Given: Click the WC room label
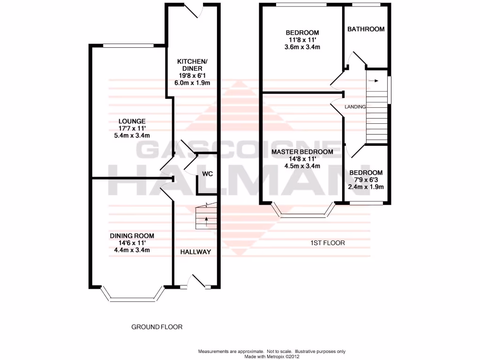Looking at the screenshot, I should (x=207, y=174).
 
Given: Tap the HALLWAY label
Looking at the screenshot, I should (x=196, y=252).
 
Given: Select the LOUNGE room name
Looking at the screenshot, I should (x=132, y=120).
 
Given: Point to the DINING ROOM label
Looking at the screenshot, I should (x=132, y=235).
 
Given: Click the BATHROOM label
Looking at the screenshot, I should (x=366, y=29).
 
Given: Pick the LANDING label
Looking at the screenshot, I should (x=355, y=107).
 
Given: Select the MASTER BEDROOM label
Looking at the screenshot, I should (x=302, y=152).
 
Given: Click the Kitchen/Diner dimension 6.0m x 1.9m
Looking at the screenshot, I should (x=189, y=83).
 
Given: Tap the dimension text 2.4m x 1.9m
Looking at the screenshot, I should (x=366, y=187).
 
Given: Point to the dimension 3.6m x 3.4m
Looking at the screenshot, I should (x=302, y=47).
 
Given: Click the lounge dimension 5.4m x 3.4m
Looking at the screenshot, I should (x=132, y=135).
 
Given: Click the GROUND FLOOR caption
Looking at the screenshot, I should (x=157, y=327).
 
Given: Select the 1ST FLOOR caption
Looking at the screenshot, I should (x=327, y=243).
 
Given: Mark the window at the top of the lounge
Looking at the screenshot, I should (x=128, y=45).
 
